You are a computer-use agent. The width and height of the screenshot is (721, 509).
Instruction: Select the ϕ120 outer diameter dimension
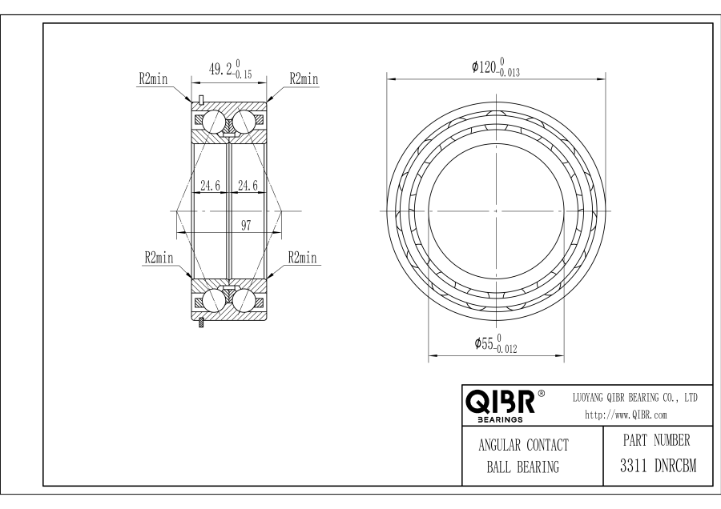click(496, 66)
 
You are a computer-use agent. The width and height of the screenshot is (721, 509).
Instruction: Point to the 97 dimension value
click(246, 225)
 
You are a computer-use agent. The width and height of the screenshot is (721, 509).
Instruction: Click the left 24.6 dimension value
click(210, 186)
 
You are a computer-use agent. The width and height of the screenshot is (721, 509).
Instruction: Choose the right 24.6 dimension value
click(248, 186)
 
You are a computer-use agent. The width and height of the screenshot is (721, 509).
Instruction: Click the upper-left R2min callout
click(154, 79)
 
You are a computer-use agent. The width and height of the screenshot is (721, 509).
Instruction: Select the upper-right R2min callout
click(304, 79)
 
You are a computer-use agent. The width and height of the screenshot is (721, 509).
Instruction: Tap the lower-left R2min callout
click(159, 257)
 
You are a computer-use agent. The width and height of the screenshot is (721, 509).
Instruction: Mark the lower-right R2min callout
click(303, 257)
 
